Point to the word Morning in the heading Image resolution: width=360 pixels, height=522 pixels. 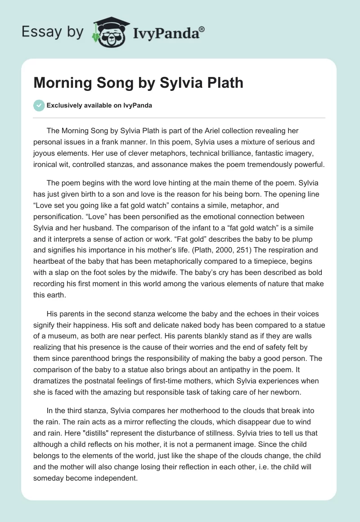[63, 83]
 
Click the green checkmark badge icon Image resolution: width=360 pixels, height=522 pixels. [39, 105]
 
